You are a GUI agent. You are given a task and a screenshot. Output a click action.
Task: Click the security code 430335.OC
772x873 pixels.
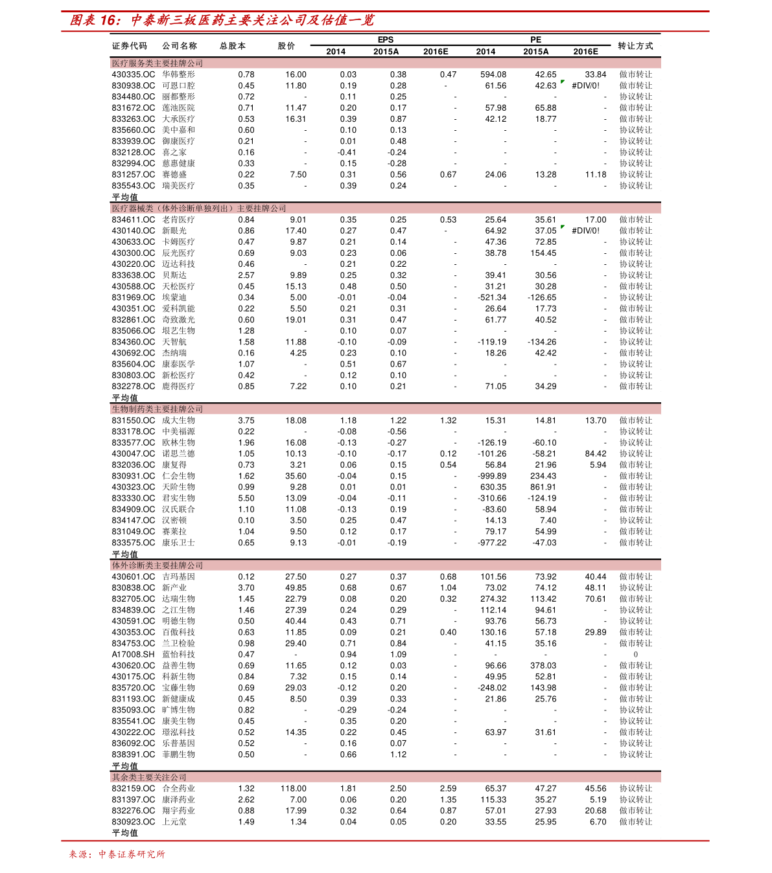point(133,74)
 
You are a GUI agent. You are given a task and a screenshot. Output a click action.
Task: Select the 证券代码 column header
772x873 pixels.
point(130,46)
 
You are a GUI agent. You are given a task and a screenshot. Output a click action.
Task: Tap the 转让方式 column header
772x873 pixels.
point(635,46)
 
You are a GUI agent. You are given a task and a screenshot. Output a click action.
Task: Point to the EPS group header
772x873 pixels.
point(386,40)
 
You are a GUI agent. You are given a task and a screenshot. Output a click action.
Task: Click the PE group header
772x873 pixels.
point(535,40)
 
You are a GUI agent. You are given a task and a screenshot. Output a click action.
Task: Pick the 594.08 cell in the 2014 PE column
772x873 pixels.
point(493,74)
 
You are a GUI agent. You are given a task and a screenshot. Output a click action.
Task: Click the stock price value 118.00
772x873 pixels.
point(294,788)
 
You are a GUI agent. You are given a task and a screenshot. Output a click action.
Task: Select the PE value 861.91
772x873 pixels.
point(543,487)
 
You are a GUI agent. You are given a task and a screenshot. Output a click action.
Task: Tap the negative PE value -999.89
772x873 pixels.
point(492,476)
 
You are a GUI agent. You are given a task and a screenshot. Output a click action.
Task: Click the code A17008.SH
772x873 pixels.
point(133,654)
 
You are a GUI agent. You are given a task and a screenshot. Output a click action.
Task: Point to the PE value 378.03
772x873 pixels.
point(543,666)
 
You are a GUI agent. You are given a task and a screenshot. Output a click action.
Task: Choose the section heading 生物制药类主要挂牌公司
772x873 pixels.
point(158,409)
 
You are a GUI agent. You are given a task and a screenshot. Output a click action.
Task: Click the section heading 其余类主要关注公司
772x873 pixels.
point(149,777)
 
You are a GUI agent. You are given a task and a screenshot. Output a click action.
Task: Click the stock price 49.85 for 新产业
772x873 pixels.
point(296,588)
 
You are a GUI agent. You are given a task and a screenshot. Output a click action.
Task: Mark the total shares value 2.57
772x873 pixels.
point(246,275)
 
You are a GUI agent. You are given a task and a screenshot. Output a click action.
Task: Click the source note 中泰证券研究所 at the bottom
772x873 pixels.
point(132,854)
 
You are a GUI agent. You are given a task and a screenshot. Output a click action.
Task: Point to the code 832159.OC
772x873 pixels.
point(133,788)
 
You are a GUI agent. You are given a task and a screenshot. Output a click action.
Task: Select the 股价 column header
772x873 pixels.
point(287,46)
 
